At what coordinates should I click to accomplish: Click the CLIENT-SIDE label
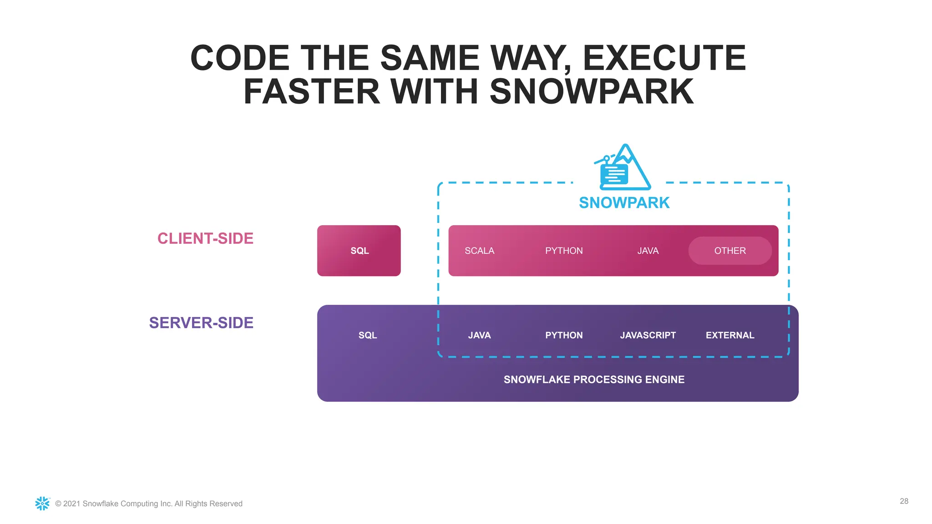pos(205,238)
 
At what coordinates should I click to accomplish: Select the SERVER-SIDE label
pos(201,322)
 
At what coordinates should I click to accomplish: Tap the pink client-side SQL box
pos(359,251)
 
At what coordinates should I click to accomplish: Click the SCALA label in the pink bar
pos(479,251)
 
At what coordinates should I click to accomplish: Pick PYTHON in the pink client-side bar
pos(564,251)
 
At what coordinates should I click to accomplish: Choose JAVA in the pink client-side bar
pos(648,251)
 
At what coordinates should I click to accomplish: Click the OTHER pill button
pos(730,251)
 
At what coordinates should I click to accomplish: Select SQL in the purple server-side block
pos(368,335)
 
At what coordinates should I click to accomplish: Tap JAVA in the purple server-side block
pos(479,335)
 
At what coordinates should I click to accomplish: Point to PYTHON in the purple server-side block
pos(564,335)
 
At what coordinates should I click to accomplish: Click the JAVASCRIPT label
pos(648,335)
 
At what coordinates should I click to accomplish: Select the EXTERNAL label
pos(730,335)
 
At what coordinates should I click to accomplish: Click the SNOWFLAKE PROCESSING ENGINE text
pos(594,379)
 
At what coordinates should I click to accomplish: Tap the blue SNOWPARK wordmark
pos(624,202)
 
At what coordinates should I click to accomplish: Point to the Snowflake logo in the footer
pos(42,503)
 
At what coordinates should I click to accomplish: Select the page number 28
pos(904,501)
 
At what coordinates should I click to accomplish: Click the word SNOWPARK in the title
pos(592,91)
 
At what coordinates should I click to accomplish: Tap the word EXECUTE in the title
pos(664,58)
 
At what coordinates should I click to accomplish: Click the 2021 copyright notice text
pos(149,504)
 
